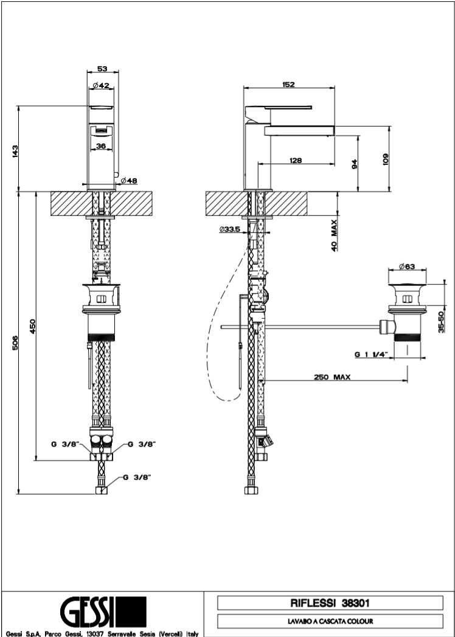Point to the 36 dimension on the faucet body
pyautogui.click(x=102, y=145)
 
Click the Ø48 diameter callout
pyautogui.click(x=129, y=181)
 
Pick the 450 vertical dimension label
pyautogui.click(x=33, y=327)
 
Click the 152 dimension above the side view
pyautogui.click(x=288, y=85)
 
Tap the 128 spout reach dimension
pyautogui.click(x=296, y=160)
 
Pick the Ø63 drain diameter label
pyautogui.click(x=407, y=266)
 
